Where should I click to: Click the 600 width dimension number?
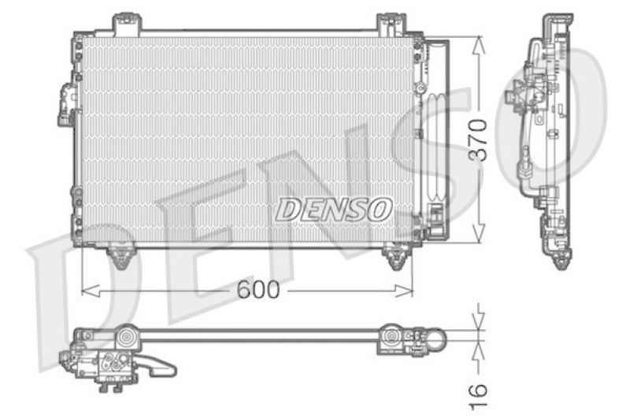coord(258,290)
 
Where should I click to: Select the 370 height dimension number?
coord(480,140)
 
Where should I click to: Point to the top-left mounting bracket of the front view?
coord(123,23)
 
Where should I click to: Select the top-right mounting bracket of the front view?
coord(389,24)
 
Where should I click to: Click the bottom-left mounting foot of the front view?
coord(120,256)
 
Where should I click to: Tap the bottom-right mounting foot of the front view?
coord(395,256)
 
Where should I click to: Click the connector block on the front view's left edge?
coord(64,105)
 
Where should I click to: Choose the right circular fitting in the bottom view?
coord(391,339)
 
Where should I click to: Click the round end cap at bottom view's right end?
coord(436,340)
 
